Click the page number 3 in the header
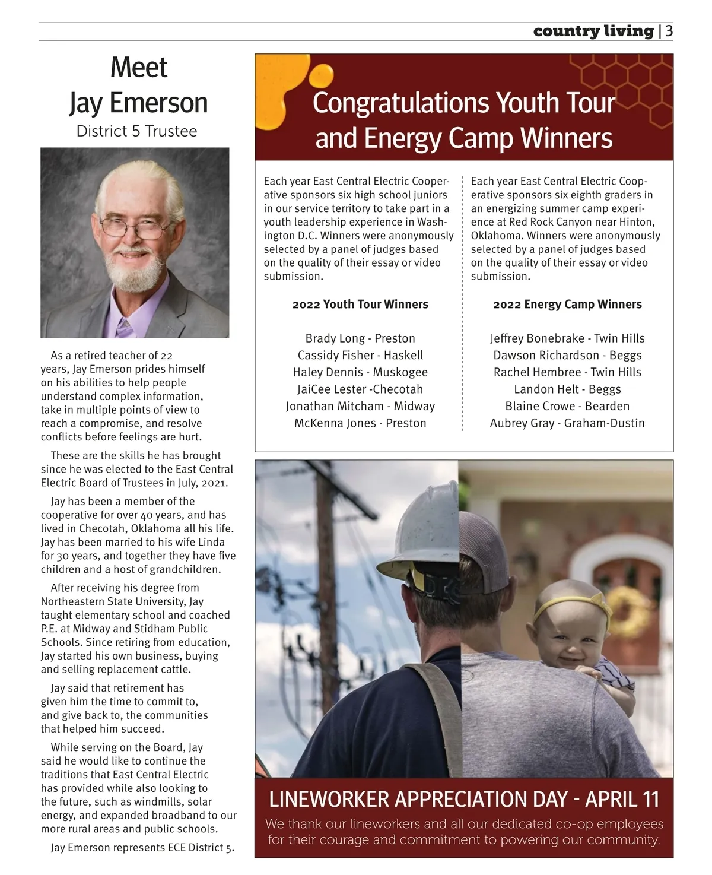coord(669,31)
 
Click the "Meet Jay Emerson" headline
coord(139,85)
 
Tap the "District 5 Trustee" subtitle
coord(136,131)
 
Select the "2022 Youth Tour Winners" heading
coord(360,305)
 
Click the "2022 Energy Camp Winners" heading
coord(567,305)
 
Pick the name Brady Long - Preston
coord(360,338)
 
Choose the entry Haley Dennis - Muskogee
coord(360,372)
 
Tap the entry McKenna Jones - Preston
coord(360,423)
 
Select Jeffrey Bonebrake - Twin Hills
coord(567,338)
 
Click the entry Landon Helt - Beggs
coord(567,389)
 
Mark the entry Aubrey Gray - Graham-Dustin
coord(567,423)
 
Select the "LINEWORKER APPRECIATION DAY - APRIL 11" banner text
coord(464,799)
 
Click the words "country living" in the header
coord(593,31)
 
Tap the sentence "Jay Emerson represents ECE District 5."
coord(142,848)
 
